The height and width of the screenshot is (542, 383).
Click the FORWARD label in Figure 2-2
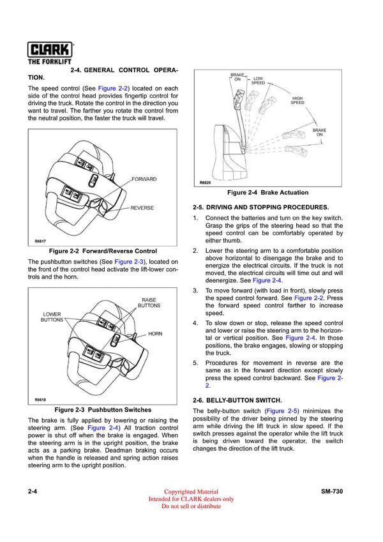[144, 179]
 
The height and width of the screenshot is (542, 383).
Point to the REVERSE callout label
[142, 208]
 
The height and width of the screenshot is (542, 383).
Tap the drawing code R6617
[40, 241]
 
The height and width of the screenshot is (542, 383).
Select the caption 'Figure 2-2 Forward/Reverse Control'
[103, 251]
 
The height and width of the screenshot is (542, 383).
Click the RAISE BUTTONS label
[149, 303]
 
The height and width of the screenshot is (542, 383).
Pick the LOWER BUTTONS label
[52, 317]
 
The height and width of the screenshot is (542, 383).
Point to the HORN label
[155, 334]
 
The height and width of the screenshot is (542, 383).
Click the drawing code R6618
[40, 400]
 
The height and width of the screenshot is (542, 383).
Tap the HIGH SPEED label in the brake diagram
[297, 100]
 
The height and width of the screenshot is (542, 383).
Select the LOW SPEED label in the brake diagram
[258, 80]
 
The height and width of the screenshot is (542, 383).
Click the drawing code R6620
[204, 183]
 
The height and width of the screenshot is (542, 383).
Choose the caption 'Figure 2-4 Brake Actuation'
[267, 193]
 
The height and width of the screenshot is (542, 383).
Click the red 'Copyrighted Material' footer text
[191, 492]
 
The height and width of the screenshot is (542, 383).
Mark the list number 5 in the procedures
[195, 363]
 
